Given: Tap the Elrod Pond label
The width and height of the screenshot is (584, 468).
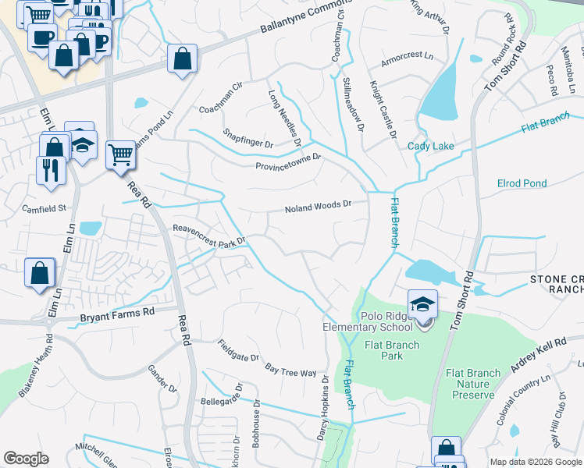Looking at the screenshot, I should tap(522, 184).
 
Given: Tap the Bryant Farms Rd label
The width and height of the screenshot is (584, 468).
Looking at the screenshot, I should tap(118, 314).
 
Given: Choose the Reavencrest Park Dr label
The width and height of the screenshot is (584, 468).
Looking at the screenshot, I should tap(209, 234).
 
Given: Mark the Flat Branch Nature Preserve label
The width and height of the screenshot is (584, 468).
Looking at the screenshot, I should tap(472, 384).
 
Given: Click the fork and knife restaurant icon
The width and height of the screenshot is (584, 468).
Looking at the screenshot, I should tap(51, 168).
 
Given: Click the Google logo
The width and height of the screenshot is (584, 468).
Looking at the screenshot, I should tap(26, 459).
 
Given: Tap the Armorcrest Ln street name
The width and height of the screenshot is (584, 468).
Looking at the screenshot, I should tap(407, 58).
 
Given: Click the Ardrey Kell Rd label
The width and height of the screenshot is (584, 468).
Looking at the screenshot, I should tap(539, 355).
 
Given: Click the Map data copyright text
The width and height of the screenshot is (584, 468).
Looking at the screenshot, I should tap(535, 462).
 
